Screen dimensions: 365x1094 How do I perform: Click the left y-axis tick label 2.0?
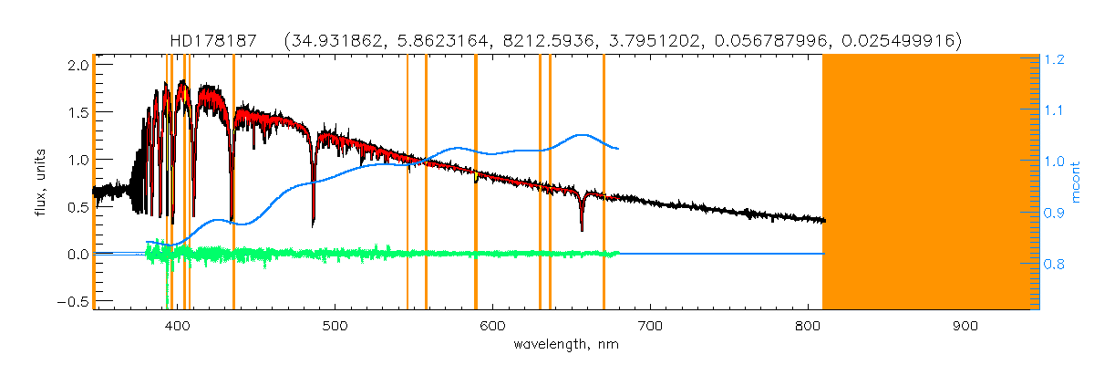coord(78,65)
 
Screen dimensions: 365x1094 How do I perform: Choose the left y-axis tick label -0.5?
coord(75,302)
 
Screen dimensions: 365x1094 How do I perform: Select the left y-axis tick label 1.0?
coord(78,160)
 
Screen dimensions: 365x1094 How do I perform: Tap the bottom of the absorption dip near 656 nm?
coord(582,229)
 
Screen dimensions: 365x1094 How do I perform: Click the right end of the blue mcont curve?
coord(619,148)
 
